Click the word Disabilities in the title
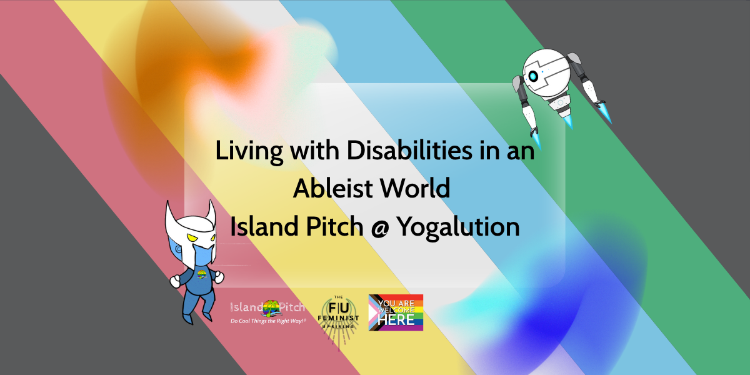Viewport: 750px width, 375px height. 409,151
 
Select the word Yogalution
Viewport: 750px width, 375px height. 458,227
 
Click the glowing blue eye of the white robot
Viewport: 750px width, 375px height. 532,77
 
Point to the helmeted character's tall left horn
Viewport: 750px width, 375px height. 171,217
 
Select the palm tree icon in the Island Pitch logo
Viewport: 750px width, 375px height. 271,308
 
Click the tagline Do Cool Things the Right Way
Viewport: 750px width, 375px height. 268,321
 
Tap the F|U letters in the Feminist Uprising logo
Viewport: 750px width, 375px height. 339,308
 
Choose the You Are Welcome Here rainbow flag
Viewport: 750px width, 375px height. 396,312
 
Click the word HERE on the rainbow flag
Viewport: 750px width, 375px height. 396,320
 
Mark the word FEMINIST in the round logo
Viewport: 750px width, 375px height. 338,317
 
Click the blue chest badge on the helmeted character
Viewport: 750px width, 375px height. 201,274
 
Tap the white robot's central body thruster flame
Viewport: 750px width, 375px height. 569,122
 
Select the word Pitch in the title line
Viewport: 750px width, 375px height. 334,227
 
